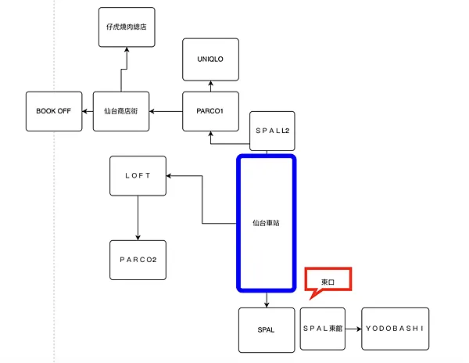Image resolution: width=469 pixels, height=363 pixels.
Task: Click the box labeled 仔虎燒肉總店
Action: click(x=127, y=27)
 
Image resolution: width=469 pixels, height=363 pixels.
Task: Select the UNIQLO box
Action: click(x=210, y=59)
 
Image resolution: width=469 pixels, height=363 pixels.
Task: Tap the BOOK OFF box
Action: click(x=53, y=111)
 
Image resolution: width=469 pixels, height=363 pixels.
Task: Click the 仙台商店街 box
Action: click(x=121, y=111)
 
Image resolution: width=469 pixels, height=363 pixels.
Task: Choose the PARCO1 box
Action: click(x=210, y=111)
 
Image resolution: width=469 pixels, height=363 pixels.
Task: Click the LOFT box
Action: click(x=138, y=175)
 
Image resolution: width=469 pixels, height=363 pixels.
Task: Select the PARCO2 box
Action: click(x=138, y=261)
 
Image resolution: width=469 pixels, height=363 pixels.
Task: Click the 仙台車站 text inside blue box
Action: click(x=267, y=223)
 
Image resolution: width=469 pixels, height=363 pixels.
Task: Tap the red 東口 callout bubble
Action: click(x=328, y=280)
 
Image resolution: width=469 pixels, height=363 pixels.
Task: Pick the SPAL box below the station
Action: click(x=266, y=329)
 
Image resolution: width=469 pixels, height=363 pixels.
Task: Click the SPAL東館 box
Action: click(x=328, y=329)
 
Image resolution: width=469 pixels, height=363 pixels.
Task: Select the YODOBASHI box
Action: click(x=395, y=329)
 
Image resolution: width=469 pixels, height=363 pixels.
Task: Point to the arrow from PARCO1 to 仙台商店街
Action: click(x=166, y=111)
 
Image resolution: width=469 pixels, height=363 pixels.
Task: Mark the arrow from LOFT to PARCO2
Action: click(x=138, y=217)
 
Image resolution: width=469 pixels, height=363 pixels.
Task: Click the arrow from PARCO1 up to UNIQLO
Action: click(x=210, y=86)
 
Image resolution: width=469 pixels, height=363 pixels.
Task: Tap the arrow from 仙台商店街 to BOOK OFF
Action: click(x=87, y=111)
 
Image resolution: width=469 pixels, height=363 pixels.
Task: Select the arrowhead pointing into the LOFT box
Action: click(x=171, y=175)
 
